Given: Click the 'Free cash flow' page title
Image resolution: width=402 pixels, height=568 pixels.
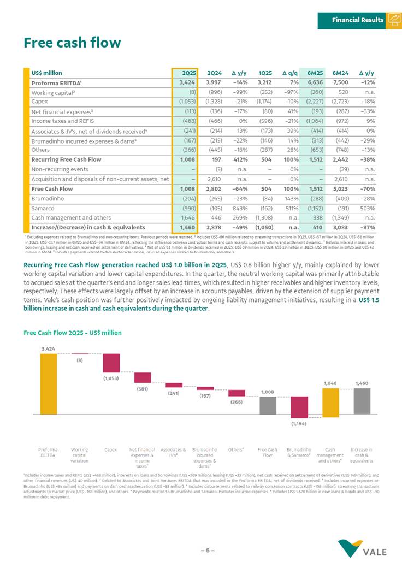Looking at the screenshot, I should click(x=72, y=43).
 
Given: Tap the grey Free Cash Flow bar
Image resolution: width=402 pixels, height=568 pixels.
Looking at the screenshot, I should click(x=267, y=405).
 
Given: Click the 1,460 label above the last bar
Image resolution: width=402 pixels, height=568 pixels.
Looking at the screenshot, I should click(x=362, y=383).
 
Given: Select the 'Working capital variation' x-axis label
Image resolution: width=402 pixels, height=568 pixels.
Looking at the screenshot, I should click(x=80, y=455).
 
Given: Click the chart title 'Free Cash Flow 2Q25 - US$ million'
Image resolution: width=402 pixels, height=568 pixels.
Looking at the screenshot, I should click(x=72, y=332).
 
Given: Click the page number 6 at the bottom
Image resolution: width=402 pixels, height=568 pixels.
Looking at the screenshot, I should click(x=208, y=551).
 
